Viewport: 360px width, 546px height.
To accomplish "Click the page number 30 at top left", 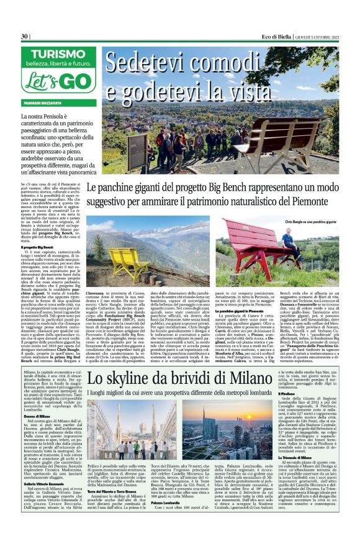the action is [x=25, y=36].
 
